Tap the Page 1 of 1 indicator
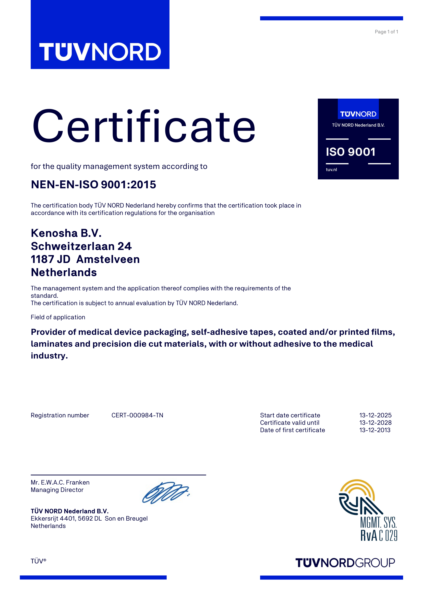[x=386, y=32]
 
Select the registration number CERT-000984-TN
[x=137, y=415]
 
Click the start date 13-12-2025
[x=375, y=415]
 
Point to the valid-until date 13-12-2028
[x=375, y=422]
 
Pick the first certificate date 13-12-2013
[x=375, y=430]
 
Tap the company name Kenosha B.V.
[x=66, y=233]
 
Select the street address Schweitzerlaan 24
[x=81, y=246]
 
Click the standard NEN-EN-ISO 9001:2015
[x=93, y=184]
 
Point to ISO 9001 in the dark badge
[x=351, y=152]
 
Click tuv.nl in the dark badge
[x=331, y=169]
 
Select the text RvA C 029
[x=379, y=536]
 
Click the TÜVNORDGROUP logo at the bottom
[x=345, y=563]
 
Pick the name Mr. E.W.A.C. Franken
[x=60, y=482]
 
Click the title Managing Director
[x=57, y=490]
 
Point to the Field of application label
[x=58, y=317]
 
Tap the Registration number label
[x=60, y=415]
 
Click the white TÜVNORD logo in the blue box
[x=100, y=52]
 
